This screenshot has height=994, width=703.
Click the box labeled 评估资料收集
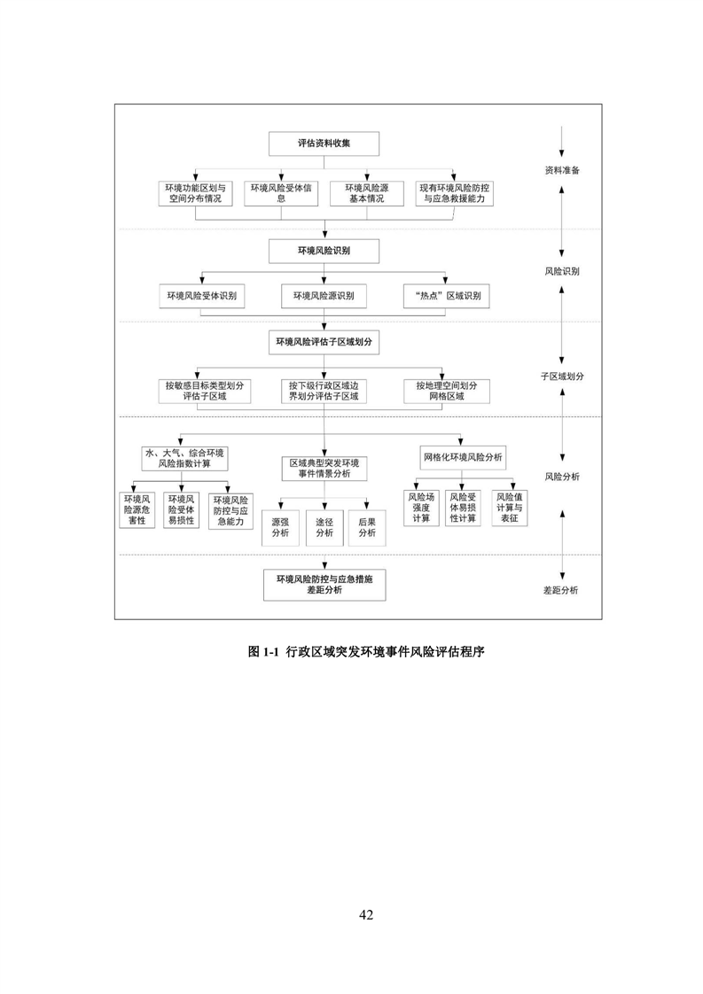click(324, 144)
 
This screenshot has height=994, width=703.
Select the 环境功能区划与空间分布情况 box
click(196, 193)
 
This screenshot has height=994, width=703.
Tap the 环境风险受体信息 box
click(281, 193)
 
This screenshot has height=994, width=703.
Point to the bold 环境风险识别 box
click(324, 252)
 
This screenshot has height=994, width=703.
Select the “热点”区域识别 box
click(447, 296)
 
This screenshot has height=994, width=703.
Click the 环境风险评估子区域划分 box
click(324, 341)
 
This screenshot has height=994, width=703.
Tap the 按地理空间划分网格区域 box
click(446, 391)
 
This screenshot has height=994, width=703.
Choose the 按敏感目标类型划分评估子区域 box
click(202, 391)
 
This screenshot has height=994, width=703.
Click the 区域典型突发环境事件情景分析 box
click(324, 469)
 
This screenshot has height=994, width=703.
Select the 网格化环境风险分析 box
click(461, 457)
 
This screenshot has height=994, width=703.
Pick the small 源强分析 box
click(280, 528)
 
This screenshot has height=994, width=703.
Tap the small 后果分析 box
click(367, 528)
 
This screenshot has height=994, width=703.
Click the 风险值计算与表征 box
click(508, 508)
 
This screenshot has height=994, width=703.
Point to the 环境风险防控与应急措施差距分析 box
click(324, 584)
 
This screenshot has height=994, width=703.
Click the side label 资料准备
click(562, 169)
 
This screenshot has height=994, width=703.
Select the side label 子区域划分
click(562, 376)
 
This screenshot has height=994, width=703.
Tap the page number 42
click(366, 914)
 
